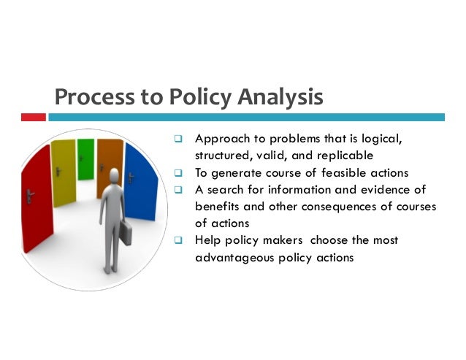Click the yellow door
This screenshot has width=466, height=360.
[64, 171]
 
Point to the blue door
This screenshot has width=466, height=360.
[140, 183]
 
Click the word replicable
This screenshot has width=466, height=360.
[350, 156]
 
